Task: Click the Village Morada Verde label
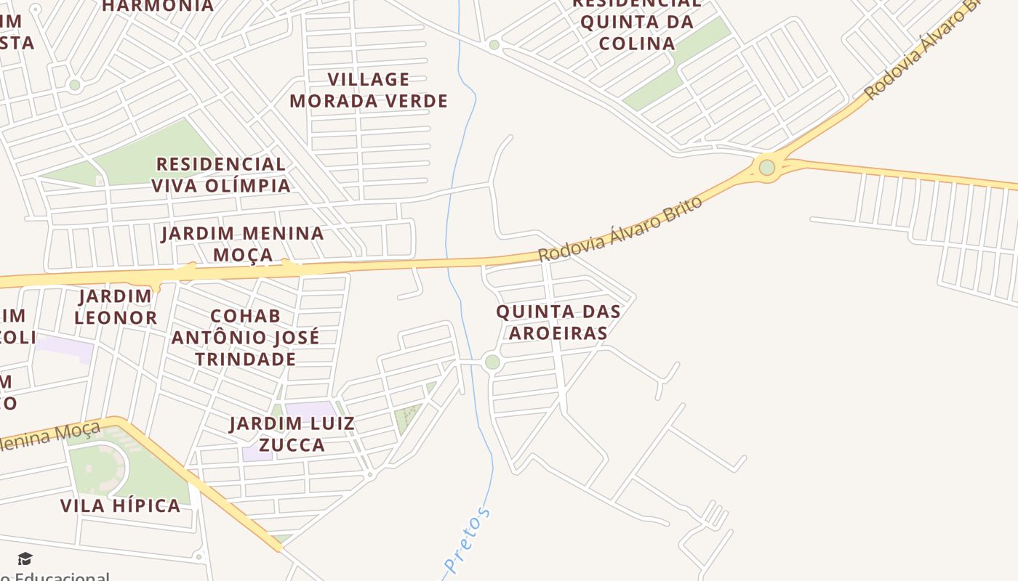(x=369, y=90)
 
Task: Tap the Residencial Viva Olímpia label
(x=221, y=174)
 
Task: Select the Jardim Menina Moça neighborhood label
(x=243, y=244)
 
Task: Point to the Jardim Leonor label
(x=116, y=306)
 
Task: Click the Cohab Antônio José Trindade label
(x=246, y=338)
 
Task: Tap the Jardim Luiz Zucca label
(x=292, y=434)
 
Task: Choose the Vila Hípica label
(x=121, y=505)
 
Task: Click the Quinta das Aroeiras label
(x=558, y=322)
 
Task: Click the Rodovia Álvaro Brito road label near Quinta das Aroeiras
(x=620, y=229)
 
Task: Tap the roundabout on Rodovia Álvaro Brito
(x=767, y=168)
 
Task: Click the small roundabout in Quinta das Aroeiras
(x=492, y=362)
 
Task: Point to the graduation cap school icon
(x=25, y=558)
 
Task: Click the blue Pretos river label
(x=468, y=541)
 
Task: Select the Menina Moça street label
(x=51, y=436)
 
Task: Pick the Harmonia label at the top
(x=158, y=7)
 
